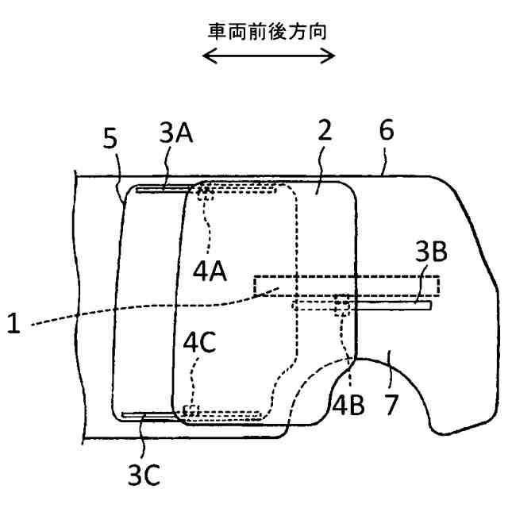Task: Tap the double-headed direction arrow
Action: [268, 56]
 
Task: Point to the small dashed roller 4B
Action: [343, 303]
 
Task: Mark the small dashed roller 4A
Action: [206, 190]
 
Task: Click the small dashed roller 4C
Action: [190, 410]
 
